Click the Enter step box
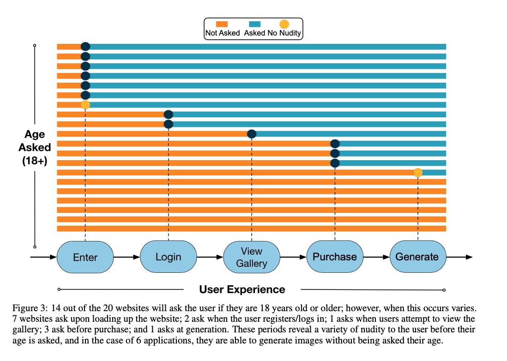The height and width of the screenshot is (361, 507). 85,257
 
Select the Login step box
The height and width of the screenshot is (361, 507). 169,257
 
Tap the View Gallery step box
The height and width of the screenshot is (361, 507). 252,257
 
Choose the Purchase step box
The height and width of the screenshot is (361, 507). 335,257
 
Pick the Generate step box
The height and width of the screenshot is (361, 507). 417,257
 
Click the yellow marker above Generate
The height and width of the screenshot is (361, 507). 418,173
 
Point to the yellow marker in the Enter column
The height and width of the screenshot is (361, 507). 85,105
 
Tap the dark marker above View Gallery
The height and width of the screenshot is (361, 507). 252,134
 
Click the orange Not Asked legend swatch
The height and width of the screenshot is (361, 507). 222,24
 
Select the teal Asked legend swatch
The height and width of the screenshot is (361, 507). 255,24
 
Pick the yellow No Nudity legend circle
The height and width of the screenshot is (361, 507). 284,24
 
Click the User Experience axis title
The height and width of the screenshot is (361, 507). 242,289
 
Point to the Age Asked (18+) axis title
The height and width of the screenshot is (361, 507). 35,148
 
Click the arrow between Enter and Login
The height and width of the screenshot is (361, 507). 127,257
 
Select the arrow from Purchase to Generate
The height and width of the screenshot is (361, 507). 376,257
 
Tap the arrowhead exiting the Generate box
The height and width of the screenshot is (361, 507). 469,257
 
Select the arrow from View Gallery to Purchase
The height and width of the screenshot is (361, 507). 293,257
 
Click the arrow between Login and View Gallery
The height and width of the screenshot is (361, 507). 210,257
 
